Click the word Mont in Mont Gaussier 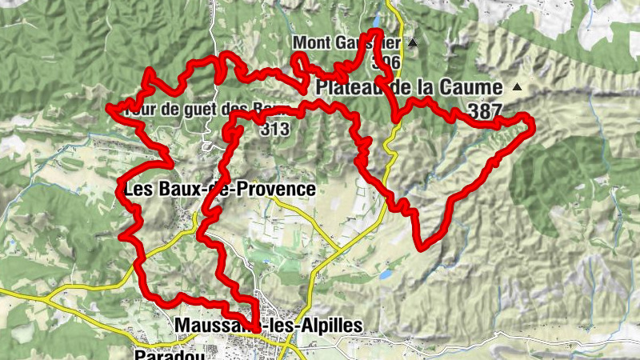point(310,42)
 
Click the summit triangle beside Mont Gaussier point(413,42)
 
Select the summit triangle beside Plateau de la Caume point(517,86)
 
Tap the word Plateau point(350,86)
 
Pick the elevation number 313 point(274,128)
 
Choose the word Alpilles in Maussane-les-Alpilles point(327,326)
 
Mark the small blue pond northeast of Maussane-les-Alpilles point(386,274)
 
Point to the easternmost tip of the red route point(532,122)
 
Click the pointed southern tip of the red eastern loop point(422,246)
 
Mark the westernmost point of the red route point(110,109)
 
